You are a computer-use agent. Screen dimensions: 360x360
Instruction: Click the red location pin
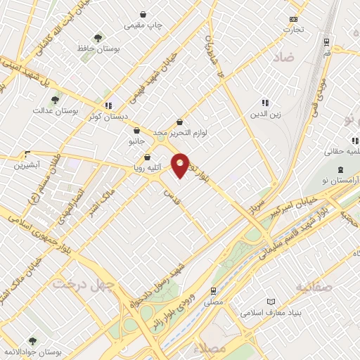181,165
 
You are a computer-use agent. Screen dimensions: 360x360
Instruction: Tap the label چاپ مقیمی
143,25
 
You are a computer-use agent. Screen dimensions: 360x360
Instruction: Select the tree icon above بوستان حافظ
98,38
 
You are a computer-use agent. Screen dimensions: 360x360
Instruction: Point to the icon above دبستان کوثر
108,105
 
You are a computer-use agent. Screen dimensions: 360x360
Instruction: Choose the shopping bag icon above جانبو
136,130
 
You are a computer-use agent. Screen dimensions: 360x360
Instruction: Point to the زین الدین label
266,113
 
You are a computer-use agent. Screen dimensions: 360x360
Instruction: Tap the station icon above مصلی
214,290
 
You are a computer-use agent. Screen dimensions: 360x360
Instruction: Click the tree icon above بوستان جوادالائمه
32,342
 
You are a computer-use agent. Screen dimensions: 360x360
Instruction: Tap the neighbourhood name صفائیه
314,287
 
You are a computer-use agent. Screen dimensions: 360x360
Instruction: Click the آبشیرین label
28,165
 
